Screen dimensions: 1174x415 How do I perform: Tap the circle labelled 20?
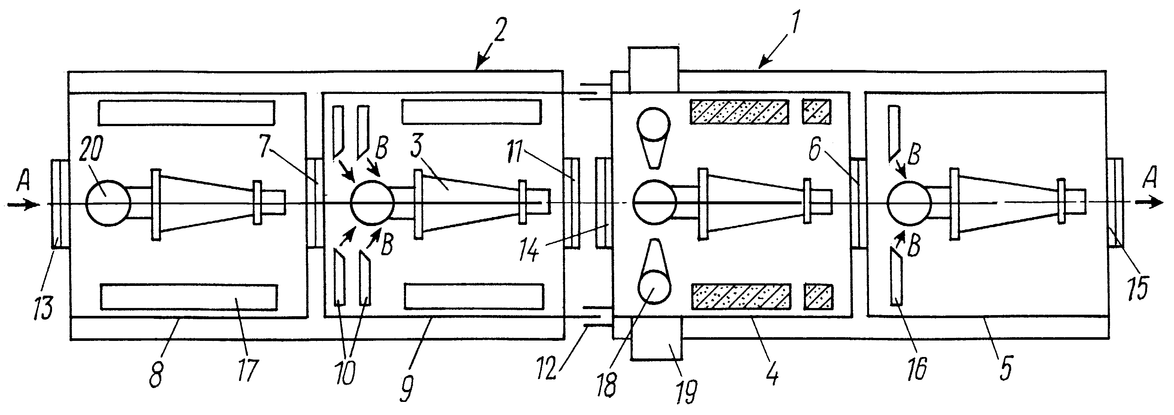click(x=109, y=203)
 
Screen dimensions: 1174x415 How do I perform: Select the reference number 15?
click(x=1138, y=287)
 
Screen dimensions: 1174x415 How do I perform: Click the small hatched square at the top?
click(x=817, y=111)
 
